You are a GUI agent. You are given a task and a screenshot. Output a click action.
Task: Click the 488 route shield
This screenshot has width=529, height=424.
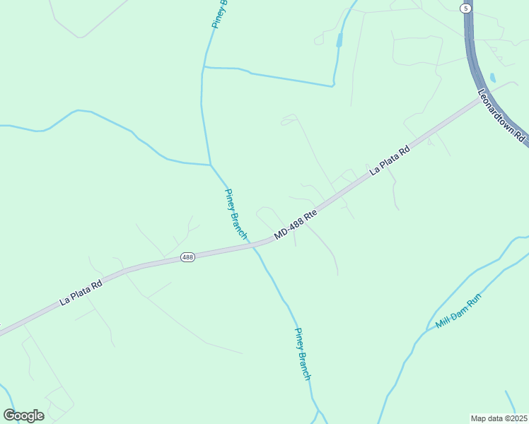pyautogui.click(x=187, y=257)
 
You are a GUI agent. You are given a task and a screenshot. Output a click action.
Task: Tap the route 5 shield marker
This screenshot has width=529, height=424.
pyautogui.click(x=465, y=8)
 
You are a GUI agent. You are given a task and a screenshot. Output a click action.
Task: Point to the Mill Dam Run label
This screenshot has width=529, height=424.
pyautogui.click(x=458, y=312)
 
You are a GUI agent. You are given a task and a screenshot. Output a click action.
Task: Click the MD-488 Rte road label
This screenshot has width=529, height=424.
pyautogui.click(x=293, y=226)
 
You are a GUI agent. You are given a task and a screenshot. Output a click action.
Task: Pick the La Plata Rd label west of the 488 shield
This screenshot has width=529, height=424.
pyautogui.click(x=81, y=292)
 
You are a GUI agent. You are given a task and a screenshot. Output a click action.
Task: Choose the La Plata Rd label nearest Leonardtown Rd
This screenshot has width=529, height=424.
pyautogui.click(x=390, y=160)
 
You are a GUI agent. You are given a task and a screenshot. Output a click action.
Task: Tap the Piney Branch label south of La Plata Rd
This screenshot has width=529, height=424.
pyautogui.click(x=303, y=354)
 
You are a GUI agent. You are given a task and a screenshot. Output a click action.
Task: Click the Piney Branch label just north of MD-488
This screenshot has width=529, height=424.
pyautogui.click(x=236, y=213)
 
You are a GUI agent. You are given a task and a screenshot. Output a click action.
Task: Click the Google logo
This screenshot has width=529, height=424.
pyautogui.click(x=23, y=416)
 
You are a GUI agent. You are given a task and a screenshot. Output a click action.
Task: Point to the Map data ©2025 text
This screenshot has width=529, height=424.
pyautogui.click(x=499, y=418)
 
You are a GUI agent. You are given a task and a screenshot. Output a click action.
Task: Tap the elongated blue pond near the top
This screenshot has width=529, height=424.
pyautogui.click(x=339, y=40)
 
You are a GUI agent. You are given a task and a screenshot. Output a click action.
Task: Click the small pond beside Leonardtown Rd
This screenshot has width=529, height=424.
pyautogui.click(x=492, y=77)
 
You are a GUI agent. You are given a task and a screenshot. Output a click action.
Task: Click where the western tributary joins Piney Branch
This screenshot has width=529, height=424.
pyautogui.click(x=210, y=165)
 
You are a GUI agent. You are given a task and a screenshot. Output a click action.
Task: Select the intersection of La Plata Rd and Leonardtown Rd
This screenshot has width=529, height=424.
pyautogui.click(x=479, y=100)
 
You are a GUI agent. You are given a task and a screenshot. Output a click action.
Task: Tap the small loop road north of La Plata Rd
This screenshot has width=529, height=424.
pyautogui.click(x=289, y=121)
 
